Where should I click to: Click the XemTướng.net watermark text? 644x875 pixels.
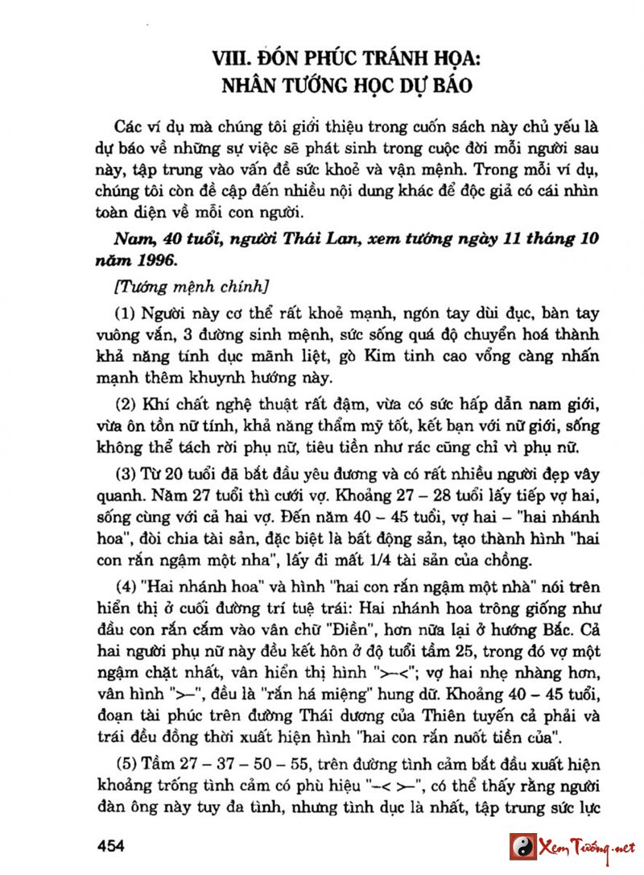(589, 847)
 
